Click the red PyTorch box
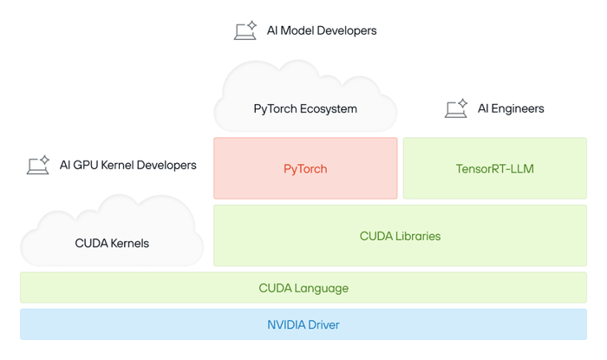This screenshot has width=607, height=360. pos(305,168)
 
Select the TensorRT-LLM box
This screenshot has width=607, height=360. pos(494,168)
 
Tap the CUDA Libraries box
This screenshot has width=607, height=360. pos(400,236)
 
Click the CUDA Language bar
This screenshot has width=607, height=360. pos(303,288)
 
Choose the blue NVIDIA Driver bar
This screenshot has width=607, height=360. pos(303,324)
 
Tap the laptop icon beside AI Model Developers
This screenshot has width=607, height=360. pos(245,30)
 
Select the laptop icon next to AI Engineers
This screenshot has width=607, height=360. pos(456,108)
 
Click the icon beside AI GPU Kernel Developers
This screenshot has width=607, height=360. pos(38,165)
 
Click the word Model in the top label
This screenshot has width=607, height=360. pos(301,30)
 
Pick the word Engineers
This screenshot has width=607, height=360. pos(519,108)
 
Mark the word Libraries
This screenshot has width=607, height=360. pos(418,236)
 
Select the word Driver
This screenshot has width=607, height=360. pos(322,324)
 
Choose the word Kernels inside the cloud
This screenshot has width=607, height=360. pos(128,244)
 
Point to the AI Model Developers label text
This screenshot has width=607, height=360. pos(322,30)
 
